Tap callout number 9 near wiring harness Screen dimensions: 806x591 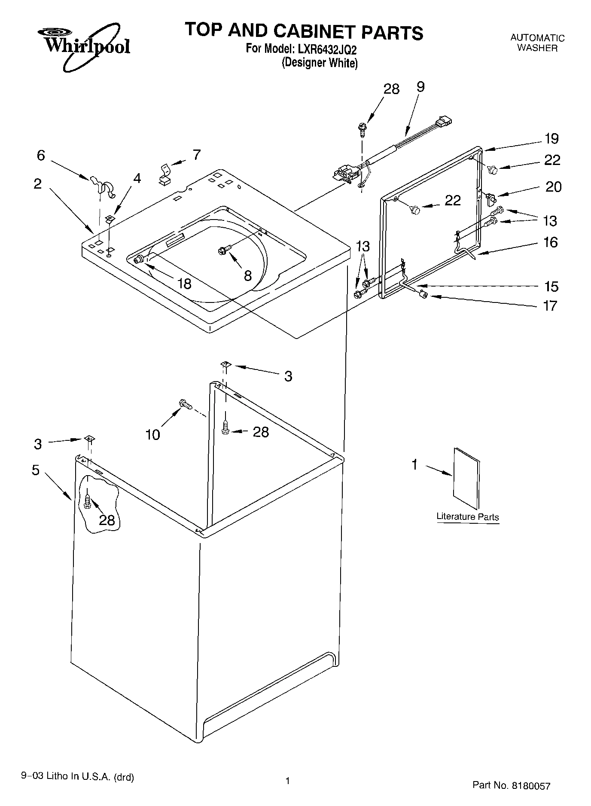420,87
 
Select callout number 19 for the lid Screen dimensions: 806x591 551,139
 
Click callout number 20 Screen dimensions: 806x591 553,187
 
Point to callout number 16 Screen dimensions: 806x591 550,243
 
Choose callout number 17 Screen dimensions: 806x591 550,306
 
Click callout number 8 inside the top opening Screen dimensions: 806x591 247,276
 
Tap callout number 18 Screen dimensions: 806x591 184,284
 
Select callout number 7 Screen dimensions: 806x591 196,155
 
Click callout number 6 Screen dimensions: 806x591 41,155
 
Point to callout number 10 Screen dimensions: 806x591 153,434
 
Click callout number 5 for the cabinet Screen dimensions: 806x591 36,470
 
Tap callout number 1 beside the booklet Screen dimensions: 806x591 414,464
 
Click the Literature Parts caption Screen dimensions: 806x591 468,517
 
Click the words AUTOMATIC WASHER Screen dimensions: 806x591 537,43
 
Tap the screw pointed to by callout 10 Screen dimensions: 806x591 185,404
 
